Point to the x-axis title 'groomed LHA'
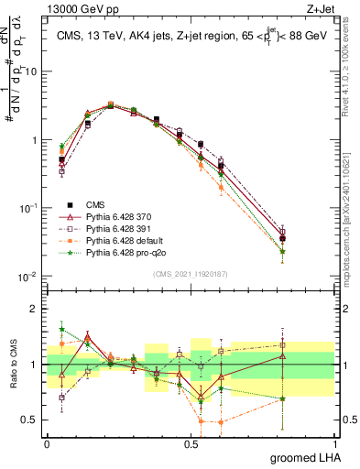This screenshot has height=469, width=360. (x=306, y=458)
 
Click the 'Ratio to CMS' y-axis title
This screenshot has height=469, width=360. (x=12, y=365)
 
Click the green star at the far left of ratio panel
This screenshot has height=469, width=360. (x=61, y=329)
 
